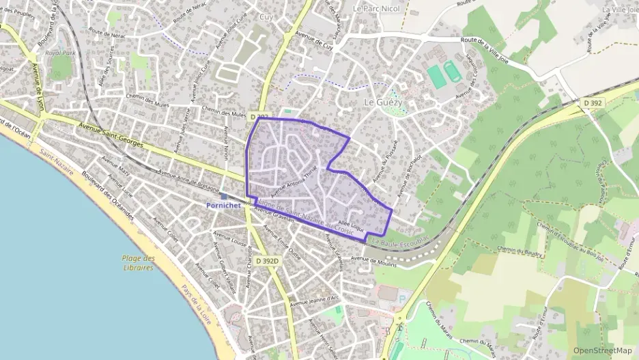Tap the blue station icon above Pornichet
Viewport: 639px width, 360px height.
point(223,196)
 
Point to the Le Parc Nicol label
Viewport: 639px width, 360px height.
point(377,9)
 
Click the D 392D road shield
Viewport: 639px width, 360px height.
point(268,261)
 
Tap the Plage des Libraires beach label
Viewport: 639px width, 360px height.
point(139,262)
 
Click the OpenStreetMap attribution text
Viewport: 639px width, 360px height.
point(602,350)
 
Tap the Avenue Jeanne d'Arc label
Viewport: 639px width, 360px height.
point(314,301)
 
